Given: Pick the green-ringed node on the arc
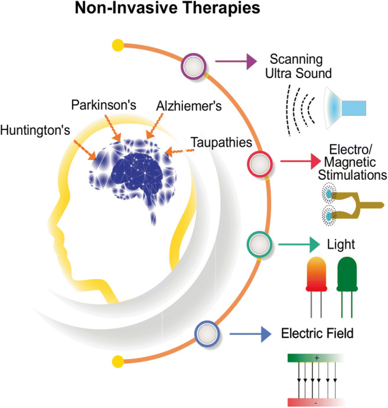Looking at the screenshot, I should (257, 242).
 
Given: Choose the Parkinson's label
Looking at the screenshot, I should (104, 105).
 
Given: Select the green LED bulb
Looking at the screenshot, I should (347, 274).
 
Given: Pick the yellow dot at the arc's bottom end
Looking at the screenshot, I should (118, 360).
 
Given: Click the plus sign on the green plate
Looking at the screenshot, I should (317, 358).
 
